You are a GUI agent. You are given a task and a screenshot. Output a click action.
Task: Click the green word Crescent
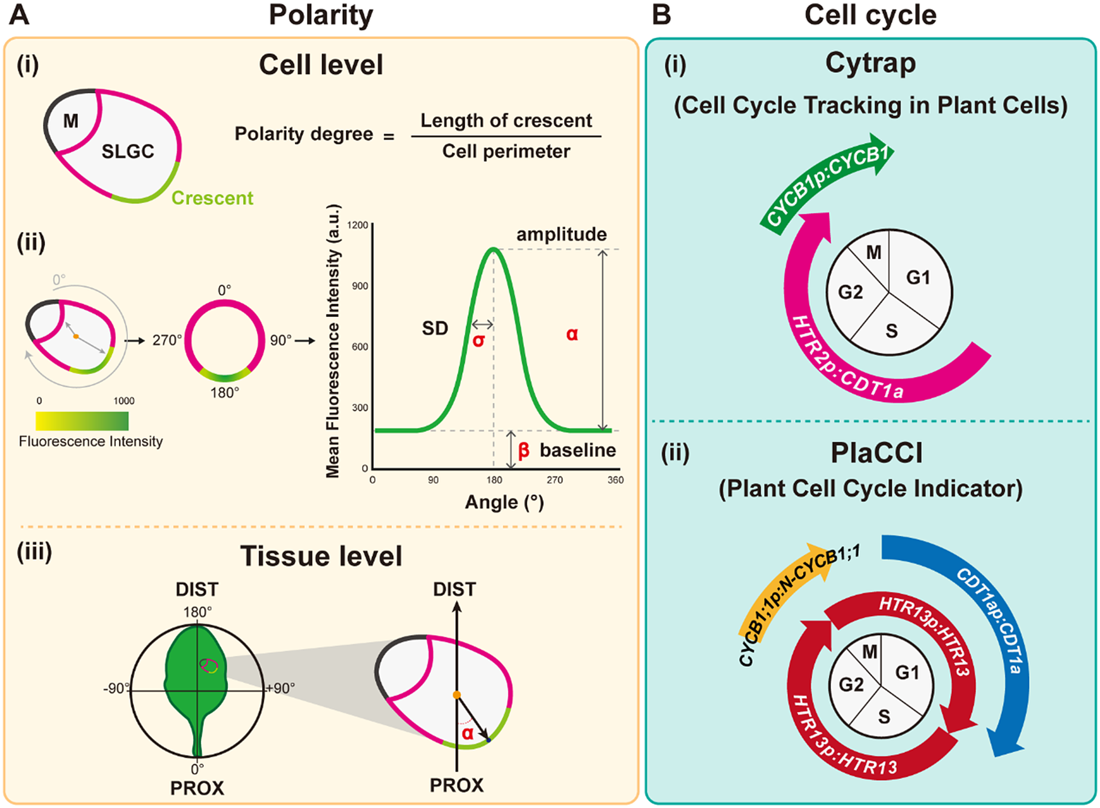212,198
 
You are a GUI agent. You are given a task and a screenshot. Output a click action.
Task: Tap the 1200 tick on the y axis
358,225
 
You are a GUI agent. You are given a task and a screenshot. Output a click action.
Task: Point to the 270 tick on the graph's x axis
554,480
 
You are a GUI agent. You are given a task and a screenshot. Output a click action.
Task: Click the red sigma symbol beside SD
479,340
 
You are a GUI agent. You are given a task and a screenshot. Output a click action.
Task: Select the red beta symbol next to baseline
523,451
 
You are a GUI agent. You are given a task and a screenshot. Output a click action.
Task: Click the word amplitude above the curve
561,234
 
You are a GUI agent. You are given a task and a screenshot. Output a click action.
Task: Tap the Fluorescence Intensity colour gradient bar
82,421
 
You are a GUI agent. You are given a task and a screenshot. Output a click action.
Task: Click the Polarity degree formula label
304,134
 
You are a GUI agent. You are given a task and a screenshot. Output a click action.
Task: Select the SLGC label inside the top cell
128,151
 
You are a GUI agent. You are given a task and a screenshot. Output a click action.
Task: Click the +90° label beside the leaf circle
280,688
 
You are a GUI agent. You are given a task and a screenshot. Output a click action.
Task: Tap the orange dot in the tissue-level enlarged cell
456,695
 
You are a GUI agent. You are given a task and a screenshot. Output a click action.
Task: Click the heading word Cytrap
870,63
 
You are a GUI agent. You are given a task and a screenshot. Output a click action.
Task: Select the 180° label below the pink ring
225,393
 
